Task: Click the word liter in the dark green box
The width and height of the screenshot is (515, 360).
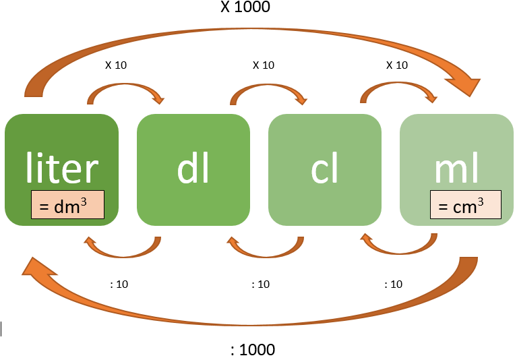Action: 62,169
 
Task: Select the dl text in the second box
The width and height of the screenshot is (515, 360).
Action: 193,169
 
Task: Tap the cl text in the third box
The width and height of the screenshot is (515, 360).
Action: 324,169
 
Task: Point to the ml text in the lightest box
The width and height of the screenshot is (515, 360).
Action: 457,169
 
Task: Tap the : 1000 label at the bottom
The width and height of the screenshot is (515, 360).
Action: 253,350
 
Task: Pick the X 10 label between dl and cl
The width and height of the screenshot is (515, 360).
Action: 264,65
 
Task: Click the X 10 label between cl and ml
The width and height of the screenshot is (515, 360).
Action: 396,65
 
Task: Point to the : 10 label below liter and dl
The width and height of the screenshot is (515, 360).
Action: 119,284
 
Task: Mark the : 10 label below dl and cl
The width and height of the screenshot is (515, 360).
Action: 260,284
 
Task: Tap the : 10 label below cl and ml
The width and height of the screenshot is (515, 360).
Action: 393,284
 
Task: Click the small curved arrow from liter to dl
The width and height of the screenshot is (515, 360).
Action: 125,88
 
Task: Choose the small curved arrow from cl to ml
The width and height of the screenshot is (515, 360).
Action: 397,88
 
